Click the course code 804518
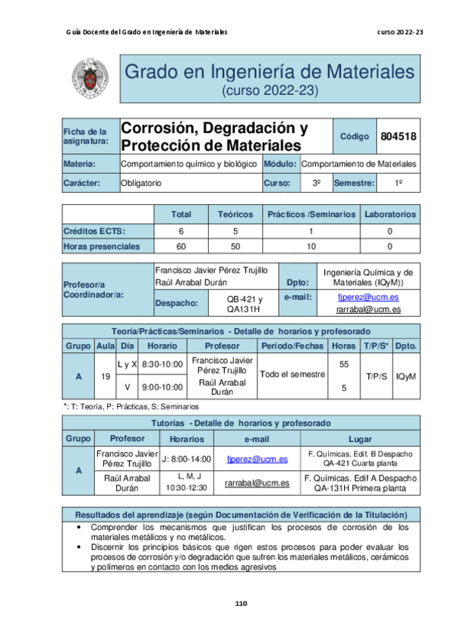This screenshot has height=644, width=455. coord(397,137)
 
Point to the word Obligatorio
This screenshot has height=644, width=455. coord(141,183)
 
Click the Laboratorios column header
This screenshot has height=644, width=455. coord(390,215)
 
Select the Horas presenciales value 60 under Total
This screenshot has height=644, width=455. coord(181,246)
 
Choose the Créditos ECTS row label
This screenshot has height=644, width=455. coord(94,231)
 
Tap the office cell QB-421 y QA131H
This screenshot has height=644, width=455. coord(245,304)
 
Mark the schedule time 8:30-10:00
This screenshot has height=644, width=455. coord(163,365)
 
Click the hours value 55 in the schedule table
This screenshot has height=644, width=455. coord(343,365)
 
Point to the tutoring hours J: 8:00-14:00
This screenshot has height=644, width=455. coord(187,459)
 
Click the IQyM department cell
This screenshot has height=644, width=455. coord(406,375)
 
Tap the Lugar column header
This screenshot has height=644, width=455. coord(359,439)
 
